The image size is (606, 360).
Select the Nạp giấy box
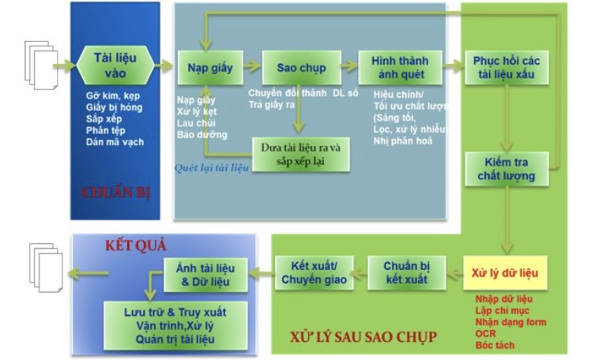(x=209, y=68)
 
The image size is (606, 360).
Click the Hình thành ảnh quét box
(x=399, y=68)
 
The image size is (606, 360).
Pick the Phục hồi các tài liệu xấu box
(x=505, y=68)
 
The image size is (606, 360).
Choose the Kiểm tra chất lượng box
(x=506, y=169)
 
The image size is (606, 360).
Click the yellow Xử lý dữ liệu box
(x=505, y=273)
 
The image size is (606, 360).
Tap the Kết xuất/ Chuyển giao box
(x=314, y=273)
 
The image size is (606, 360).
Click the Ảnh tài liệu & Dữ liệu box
(x=205, y=273)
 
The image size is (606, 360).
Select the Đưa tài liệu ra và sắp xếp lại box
(x=301, y=156)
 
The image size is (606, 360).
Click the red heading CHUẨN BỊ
(x=116, y=193)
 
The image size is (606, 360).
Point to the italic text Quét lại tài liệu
(x=212, y=167)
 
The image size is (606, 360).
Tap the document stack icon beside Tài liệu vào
(x=40, y=63)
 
